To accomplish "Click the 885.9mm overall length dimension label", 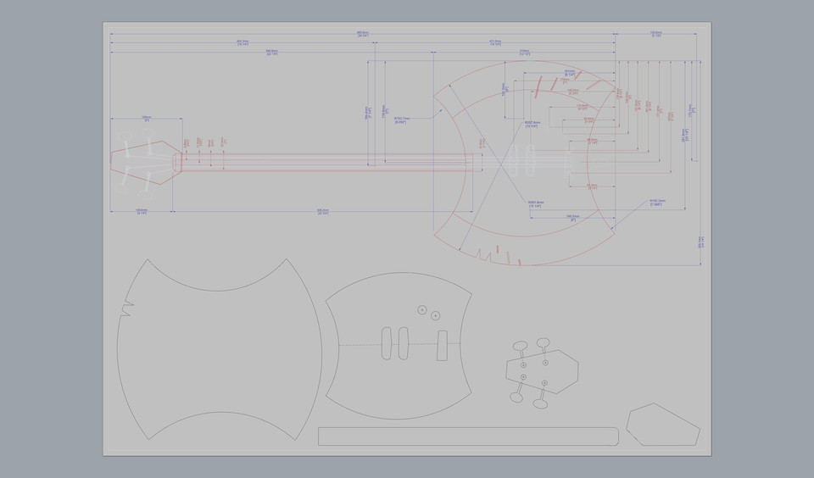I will (362, 33).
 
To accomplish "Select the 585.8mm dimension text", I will (272, 51).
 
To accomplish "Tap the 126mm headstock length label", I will (146, 119).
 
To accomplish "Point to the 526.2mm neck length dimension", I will (322, 211).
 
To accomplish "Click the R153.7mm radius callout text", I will (400, 119).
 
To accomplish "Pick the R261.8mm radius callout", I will (535, 203).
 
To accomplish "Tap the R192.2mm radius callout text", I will (656, 203).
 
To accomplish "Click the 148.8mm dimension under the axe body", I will (572, 217).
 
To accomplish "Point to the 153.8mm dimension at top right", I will (655, 33).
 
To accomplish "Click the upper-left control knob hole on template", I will (422, 310).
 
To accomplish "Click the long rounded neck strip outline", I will (468, 436).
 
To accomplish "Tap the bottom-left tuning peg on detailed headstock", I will (515, 396).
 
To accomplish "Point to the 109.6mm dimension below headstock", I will (142, 211).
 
